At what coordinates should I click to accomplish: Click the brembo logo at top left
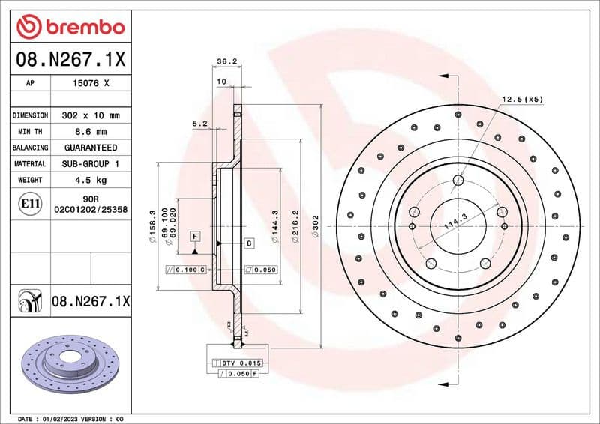point(70,28)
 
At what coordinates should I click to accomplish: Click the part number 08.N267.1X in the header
point(70,58)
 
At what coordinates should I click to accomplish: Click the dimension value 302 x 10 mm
point(91,116)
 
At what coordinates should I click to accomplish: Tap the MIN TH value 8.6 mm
point(91,132)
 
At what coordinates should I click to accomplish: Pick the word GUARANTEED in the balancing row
point(91,148)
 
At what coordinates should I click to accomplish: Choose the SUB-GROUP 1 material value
point(91,163)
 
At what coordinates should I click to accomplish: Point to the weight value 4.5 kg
point(91,180)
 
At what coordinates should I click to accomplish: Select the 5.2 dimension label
point(199,124)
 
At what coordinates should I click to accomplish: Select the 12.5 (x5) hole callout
point(521,99)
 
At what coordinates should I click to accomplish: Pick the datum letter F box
point(194,237)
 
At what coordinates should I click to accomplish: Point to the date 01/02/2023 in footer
point(56,418)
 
